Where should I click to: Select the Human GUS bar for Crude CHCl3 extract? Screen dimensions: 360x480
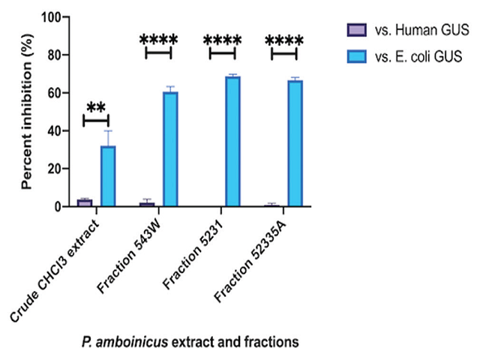pos(85,202)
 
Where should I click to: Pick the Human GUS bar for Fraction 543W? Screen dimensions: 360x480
pos(147,204)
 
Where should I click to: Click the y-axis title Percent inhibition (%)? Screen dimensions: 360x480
pos(28,112)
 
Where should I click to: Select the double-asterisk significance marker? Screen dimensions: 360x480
pos(95,106)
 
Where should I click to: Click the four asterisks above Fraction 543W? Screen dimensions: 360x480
pos(158,39)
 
